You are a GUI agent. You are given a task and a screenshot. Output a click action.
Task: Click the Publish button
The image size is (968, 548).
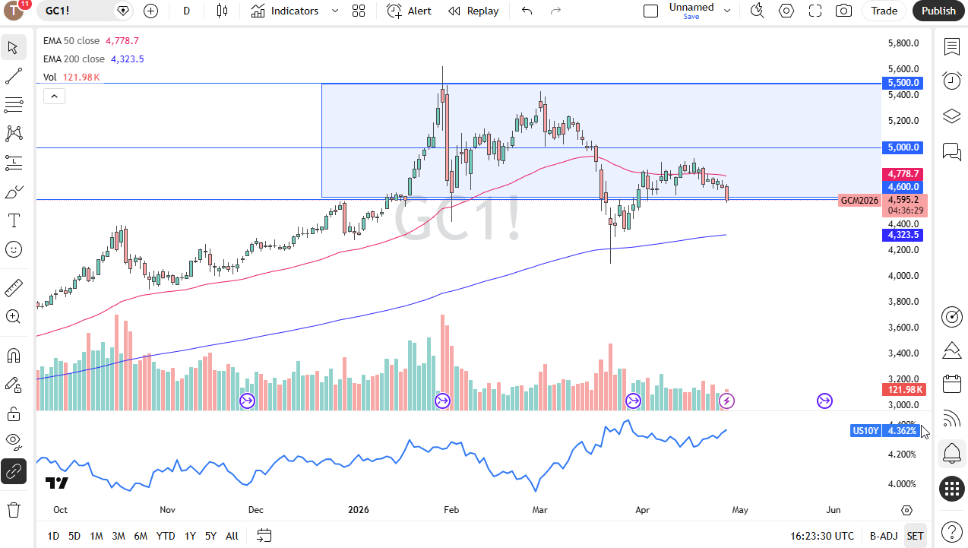tap(938, 11)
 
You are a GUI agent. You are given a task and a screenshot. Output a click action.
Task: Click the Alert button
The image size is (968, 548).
tap(409, 11)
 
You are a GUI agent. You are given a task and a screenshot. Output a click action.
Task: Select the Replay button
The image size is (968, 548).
tap(473, 11)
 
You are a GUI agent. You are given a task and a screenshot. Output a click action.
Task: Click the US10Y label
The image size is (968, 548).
tap(865, 431)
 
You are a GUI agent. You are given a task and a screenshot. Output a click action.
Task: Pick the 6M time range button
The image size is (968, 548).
tap(141, 536)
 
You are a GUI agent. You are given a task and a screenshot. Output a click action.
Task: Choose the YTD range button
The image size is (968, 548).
tap(166, 536)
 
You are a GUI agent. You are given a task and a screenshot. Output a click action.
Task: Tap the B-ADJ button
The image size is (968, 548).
tap(884, 536)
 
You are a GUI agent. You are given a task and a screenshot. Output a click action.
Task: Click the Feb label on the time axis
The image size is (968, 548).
tap(451, 510)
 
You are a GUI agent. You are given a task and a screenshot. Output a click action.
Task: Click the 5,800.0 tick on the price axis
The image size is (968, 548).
tap(903, 43)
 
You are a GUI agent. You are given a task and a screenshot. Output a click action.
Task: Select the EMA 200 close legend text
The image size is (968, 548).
tap(74, 59)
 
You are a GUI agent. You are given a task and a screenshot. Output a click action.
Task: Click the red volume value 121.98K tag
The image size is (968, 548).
tap(904, 390)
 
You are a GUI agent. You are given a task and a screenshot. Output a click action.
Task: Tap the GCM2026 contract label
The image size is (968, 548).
tap(860, 201)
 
